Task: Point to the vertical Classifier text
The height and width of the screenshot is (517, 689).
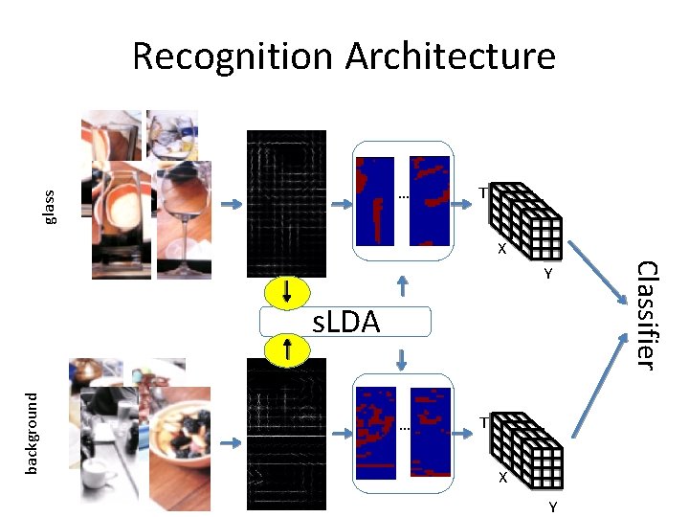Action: (x=647, y=315)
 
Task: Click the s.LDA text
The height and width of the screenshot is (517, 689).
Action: (x=347, y=323)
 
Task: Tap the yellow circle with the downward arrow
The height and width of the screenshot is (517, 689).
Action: (x=287, y=292)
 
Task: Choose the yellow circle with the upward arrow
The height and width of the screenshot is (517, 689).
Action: (x=287, y=348)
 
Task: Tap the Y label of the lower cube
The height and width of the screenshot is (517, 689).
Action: (x=552, y=506)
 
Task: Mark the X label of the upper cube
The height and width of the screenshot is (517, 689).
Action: (x=500, y=250)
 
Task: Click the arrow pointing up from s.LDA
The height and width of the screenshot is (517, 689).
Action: (x=403, y=286)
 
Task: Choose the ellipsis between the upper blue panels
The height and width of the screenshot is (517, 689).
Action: (x=403, y=198)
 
